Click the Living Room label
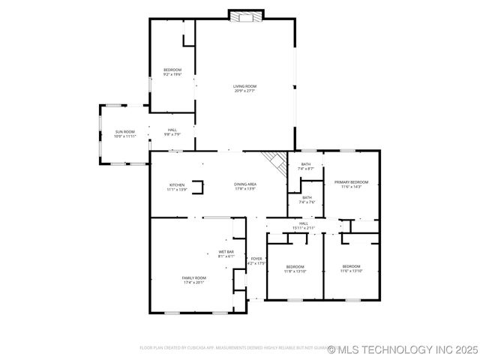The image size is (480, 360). click(x=244, y=88)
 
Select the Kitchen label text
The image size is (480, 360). click(x=177, y=186)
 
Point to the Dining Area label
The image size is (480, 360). click(x=245, y=186)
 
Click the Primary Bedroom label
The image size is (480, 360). click(x=351, y=184)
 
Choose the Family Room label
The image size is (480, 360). click(x=193, y=280)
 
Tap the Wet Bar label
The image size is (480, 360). click(x=226, y=253)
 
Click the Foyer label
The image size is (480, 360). click(x=256, y=261)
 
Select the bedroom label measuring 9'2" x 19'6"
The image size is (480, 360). click(x=172, y=72)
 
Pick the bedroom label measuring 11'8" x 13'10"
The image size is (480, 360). click(x=295, y=268)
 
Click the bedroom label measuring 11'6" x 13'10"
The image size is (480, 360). click(x=351, y=268)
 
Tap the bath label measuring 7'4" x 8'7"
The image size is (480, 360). click(x=306, y=166)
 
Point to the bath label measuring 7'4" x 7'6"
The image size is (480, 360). click(x=307, y=199)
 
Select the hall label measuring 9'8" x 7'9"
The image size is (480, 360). click(x=172, y=132)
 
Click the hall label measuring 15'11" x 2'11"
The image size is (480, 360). click(x=304, y=225)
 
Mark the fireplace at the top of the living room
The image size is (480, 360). click(x=246, y=16)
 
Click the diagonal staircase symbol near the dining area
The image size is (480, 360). click(x=274, y=162)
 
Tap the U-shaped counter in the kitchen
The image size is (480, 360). click(x=197, y=187)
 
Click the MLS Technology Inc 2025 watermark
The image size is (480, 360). click(x=405, y=349)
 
